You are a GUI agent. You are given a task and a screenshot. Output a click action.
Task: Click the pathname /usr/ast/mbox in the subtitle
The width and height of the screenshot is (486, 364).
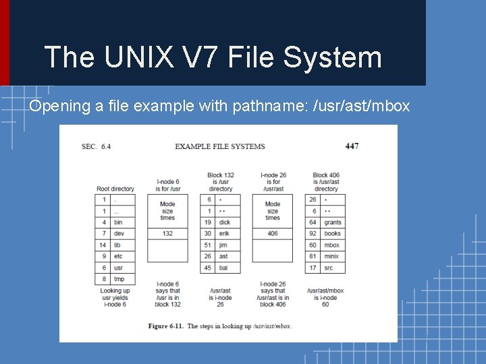point(362,107)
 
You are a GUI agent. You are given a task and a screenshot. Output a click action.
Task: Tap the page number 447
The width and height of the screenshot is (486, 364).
point(352,146)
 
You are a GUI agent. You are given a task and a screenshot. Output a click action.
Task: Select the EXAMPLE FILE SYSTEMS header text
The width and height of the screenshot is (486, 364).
point(220,146)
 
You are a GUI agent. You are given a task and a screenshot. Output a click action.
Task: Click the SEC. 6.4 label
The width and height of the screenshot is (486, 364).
point(96,146)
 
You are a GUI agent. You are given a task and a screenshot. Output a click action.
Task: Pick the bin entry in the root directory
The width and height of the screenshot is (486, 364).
point(118,222)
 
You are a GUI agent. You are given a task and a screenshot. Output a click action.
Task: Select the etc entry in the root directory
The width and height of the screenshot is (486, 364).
point(118,257)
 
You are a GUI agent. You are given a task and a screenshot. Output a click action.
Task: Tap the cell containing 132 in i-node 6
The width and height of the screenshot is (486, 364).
point(167,234)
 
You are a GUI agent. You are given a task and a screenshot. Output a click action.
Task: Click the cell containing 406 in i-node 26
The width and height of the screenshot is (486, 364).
point(272,234)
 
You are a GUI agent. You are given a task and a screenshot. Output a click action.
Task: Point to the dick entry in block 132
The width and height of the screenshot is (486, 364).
point(225,222)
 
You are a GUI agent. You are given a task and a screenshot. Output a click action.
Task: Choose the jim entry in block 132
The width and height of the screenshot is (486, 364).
point(224,245)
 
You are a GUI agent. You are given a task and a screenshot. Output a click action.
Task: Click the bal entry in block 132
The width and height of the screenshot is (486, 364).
point(224,268)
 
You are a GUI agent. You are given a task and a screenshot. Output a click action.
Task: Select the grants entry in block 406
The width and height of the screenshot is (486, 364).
point(333,222)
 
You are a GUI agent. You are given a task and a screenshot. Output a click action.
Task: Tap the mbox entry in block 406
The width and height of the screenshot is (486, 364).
point(331,245)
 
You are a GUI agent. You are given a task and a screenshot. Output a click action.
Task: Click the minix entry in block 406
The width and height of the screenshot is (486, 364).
point(331,257)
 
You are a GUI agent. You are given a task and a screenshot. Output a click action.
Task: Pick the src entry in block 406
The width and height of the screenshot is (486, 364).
point(329,268)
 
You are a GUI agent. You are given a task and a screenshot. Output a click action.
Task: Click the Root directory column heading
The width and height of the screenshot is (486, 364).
point(115,189)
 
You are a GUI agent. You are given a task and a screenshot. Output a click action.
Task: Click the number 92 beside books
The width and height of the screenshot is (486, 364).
point(313,234)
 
